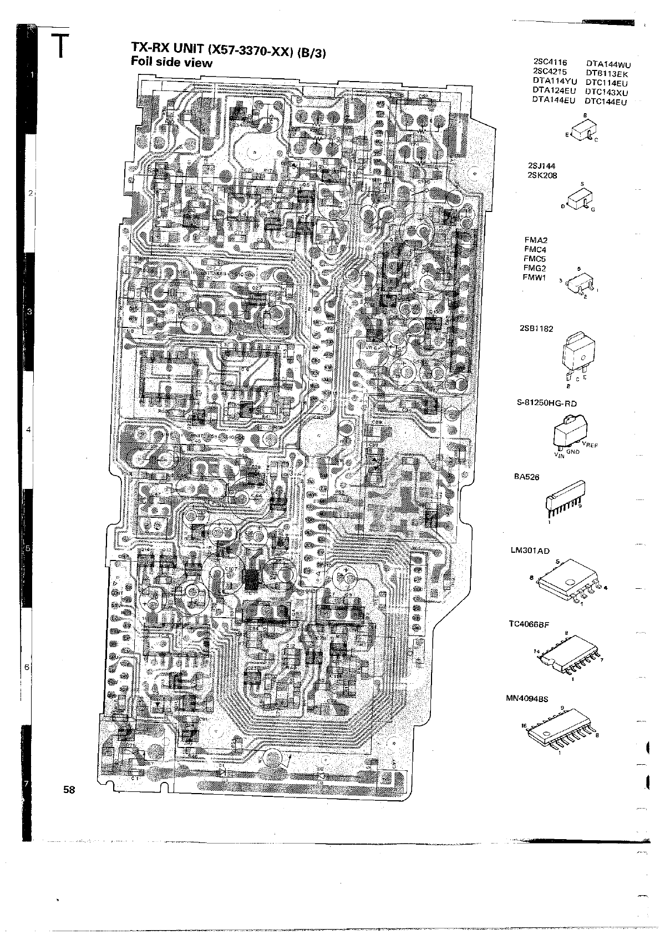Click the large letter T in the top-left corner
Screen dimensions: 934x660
click(60, 45)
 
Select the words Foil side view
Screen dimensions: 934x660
click(171, 63)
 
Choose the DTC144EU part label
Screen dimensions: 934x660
click(606, 102)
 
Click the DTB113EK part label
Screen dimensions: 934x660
click(607, 73)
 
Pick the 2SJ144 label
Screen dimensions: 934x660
click(542, 166)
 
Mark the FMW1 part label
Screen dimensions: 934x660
click(535, 277)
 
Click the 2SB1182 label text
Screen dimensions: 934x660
click(537, 329)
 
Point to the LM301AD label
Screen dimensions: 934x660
click(530, 551)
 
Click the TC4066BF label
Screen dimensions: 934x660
click(529, 624)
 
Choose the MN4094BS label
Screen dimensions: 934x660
click(526, 699)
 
